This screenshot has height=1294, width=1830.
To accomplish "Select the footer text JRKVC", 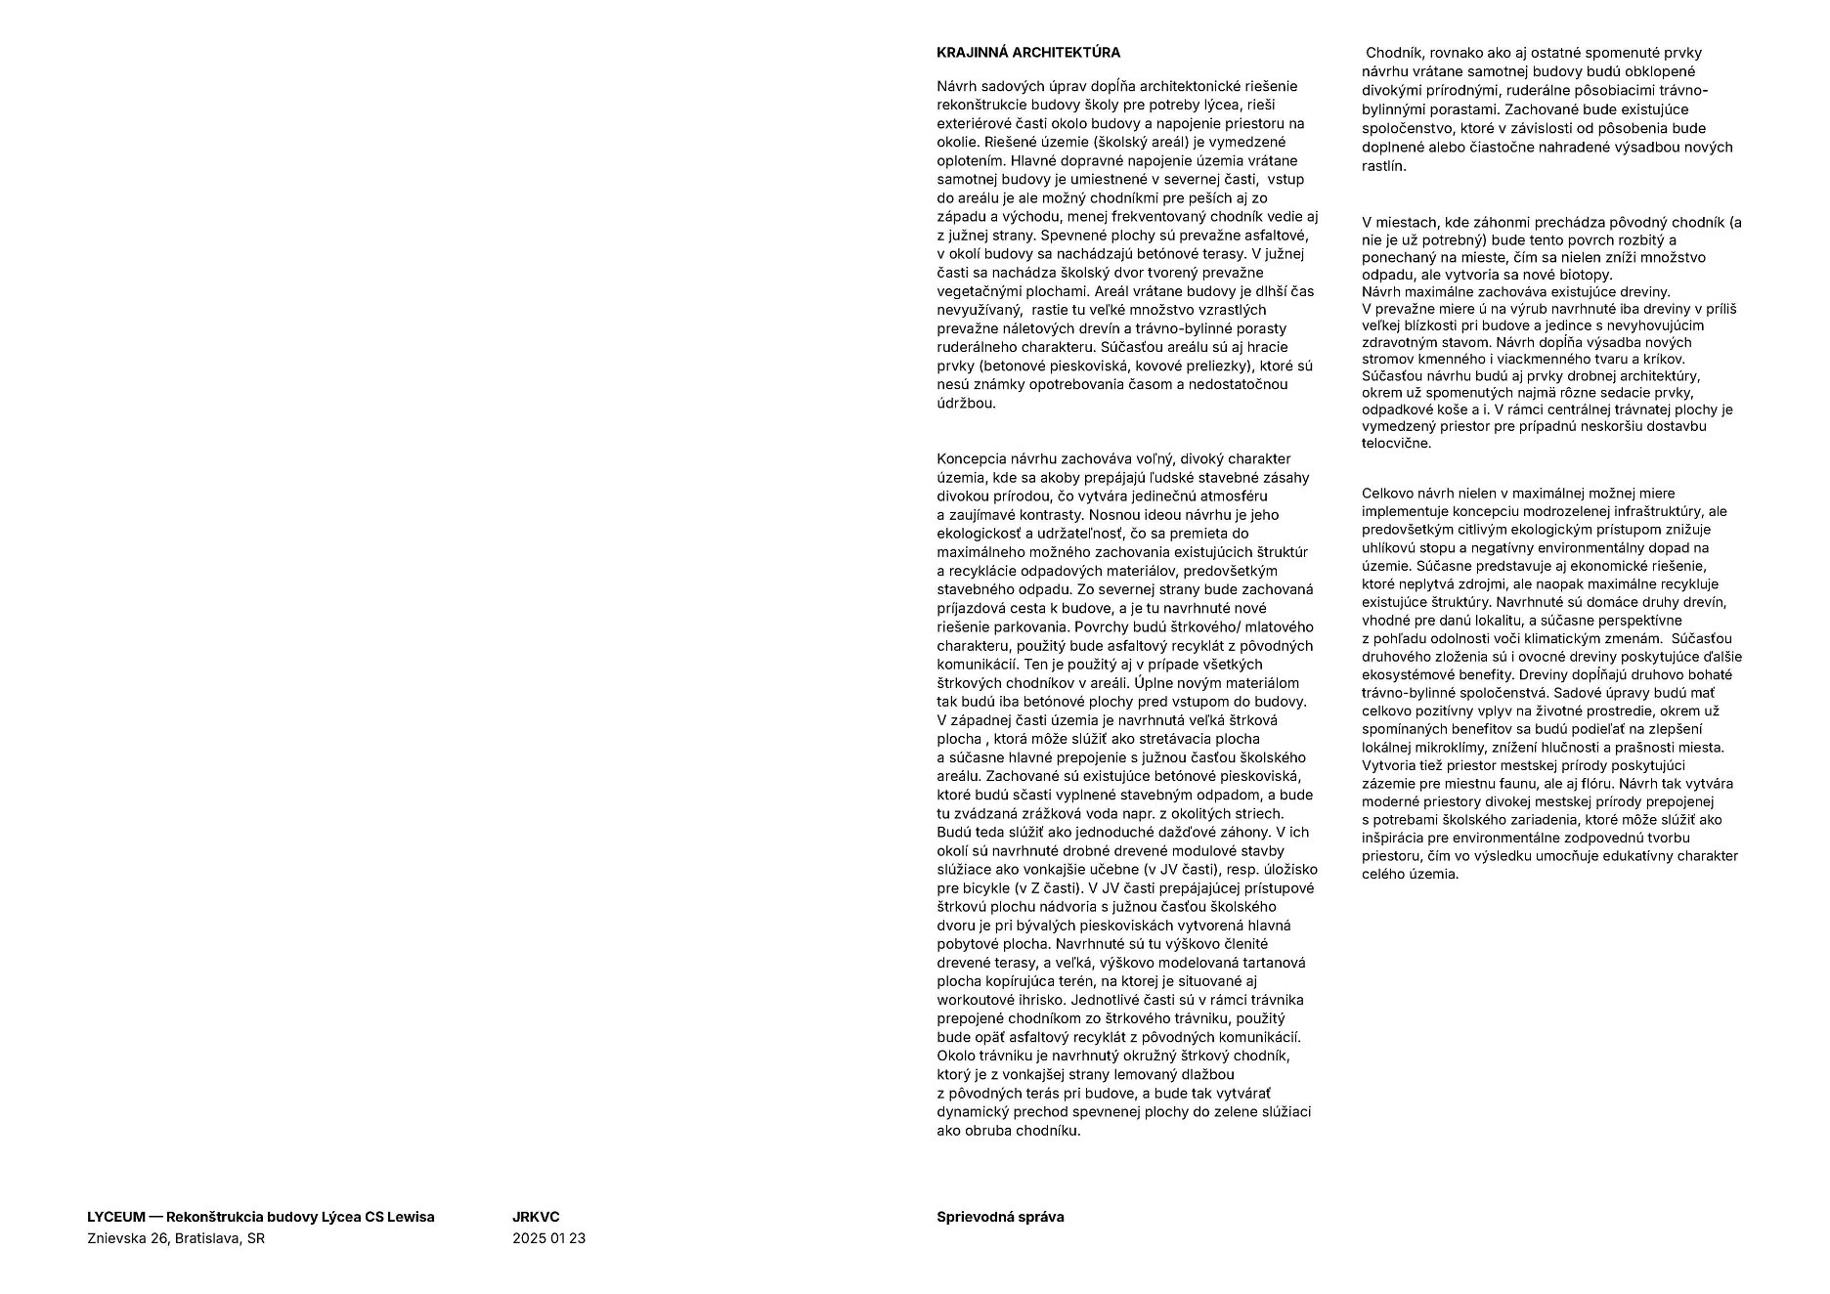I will [x=536, y=1217].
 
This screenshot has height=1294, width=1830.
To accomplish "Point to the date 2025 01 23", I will [x=548, y=1238].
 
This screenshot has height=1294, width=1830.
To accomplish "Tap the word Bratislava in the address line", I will [x=208, y=1238].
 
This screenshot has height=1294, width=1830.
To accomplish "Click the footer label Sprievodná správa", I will [x=1000, y=1217].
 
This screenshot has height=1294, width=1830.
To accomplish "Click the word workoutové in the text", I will [x=972, y=1000].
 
